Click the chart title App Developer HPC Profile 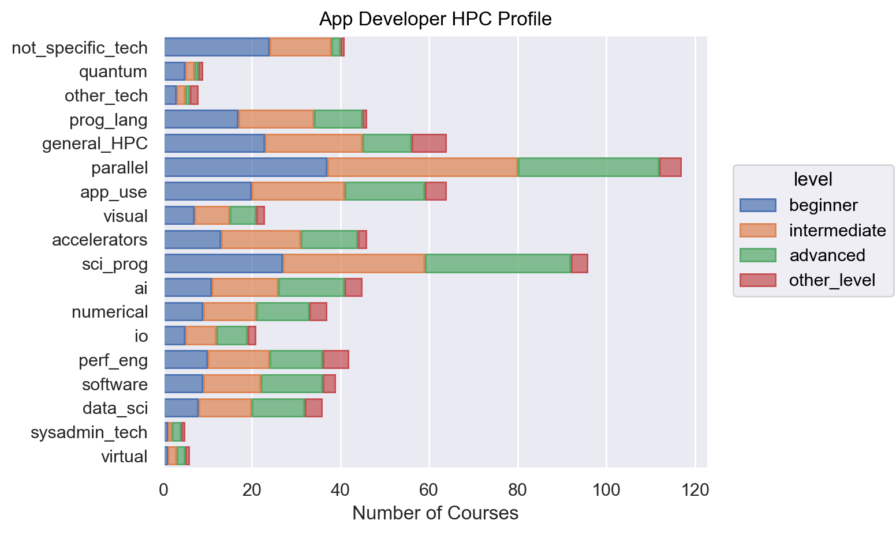[435, 19]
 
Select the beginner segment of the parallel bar [246, 167]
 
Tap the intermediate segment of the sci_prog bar [354, 263]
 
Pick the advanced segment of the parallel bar [588, 167]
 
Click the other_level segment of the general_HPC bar [429, 143]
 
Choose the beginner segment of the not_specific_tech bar [217, 47]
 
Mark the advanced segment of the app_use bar [385, 191]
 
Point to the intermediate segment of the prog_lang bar [276, 119]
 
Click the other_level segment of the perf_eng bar [336, 360]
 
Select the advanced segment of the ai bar [311, 287]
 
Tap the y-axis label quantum [113, 71]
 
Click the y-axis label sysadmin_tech [89, 432]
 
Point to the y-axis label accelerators [100, 240]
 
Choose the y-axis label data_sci [115, 408]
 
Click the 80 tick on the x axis [517, 491]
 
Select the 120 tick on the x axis [695, 491]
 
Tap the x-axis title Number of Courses [435, 513]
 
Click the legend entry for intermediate [837, 231]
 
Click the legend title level [813, 179]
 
